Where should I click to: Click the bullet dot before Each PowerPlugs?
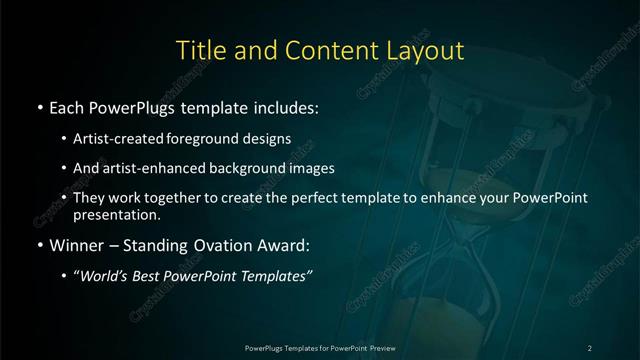coord(39,105)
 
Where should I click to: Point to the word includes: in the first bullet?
coord(285,105)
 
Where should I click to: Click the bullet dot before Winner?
coord(39,245)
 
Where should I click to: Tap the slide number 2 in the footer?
coord(589,347)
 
